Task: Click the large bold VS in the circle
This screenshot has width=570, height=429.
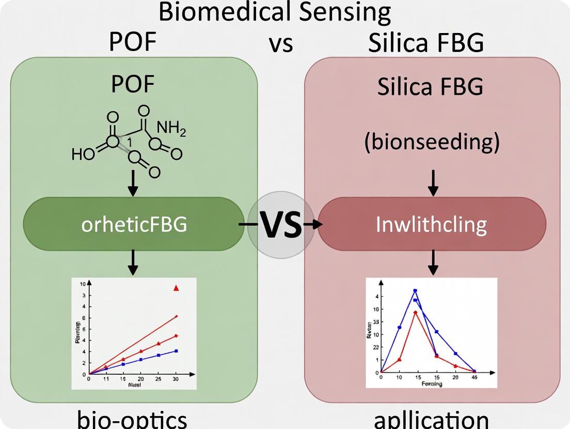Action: [x=280, y=225]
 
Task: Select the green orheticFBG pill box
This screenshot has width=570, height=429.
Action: [x=134, y=224]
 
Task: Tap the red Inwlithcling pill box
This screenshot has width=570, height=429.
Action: [x=432, y=224]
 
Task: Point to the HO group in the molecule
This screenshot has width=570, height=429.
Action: [x=83, y=154]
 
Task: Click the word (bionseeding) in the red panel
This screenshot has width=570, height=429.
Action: [x=432, y=142]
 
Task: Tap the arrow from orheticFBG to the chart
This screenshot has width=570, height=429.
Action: [x=133, y=262]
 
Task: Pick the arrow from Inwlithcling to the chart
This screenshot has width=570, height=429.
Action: [x=433, y=262]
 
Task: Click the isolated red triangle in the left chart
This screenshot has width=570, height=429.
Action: [x=176, y=288]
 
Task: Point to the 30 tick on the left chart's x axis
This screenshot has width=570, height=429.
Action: [x=176, y=379]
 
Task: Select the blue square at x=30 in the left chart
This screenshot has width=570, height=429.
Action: [x=176, y=351]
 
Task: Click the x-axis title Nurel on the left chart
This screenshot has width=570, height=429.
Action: [x=134, y=385]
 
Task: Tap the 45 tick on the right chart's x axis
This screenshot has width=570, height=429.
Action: [x=474, y=377]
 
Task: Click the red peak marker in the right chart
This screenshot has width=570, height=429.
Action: [x=415, y=312]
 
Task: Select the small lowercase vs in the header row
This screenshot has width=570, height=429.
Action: [x=280, y=44]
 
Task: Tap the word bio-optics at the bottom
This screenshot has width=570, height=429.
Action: [x=132, y=420]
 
